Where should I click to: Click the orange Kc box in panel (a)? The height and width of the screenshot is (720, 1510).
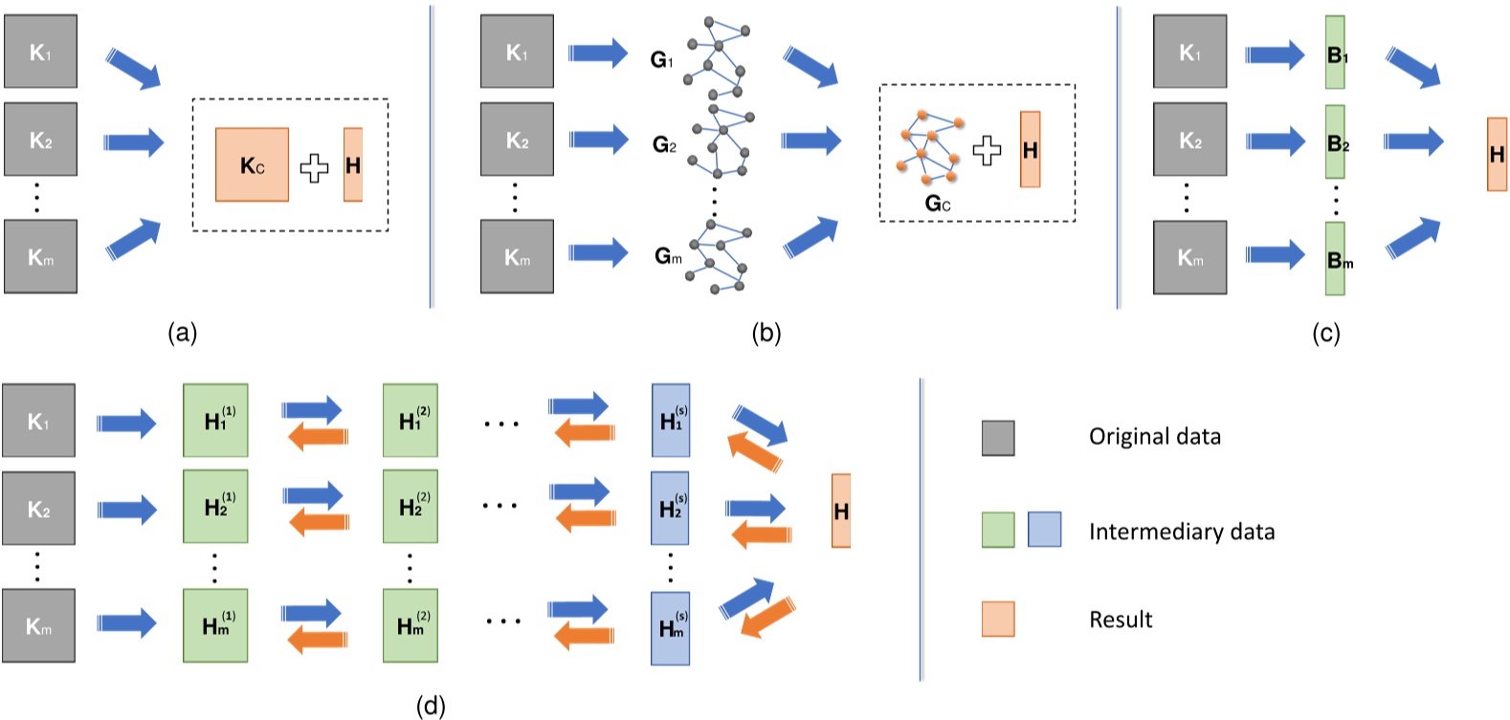[252, 164]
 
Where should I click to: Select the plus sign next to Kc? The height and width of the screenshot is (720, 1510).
[314, 168]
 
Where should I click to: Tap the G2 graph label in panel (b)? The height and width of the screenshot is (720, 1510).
[664, 144]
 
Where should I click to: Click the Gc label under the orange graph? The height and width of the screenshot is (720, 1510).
[938, 203]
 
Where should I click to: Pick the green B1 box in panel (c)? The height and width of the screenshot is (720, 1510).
[1336, 53]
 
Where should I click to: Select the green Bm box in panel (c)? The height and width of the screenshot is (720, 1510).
[1336, 258]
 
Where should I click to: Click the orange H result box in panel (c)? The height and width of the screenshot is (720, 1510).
[1497, 154]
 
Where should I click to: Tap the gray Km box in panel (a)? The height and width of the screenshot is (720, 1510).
[40, 256]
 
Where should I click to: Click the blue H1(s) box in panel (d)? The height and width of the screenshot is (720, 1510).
[671, 420]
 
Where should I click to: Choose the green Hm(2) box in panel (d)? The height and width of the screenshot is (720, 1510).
[411, 625]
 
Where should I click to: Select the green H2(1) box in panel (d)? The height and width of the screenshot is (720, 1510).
[216, 506]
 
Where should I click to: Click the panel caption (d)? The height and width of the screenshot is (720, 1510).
[431, 706]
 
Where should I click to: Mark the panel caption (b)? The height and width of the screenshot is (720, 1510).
[766, 332]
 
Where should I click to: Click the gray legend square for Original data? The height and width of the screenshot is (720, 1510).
[998, 437]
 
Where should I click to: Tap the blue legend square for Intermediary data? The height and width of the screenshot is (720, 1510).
[1044, 529]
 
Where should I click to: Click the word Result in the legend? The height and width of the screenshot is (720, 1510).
[1121, 620]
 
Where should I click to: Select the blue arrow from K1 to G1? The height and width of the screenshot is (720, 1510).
[598, 54]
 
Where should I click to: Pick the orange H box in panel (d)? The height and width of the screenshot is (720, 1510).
[841, 511]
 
